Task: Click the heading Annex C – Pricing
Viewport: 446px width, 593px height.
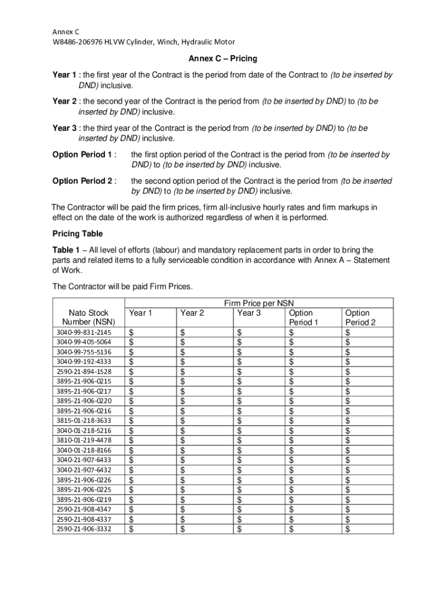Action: tap(222, 59)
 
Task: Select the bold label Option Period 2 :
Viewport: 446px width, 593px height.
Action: tap(85, 181)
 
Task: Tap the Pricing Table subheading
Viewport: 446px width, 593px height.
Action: tap(78, 233)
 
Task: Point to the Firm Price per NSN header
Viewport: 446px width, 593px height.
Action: tap(259, 303)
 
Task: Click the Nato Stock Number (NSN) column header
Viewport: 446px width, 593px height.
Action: tap(88, 317)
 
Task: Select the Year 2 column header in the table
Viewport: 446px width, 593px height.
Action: tap(192, 313)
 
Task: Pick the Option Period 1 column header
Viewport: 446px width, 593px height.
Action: tap(304, 317)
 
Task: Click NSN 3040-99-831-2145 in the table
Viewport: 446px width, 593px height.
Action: tap(84, 332)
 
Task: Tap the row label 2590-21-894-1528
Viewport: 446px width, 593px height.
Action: tap(84, 371)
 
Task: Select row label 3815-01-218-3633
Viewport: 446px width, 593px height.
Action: tap(84, 420)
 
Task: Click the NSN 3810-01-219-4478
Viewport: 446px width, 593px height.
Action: tap(84, 440)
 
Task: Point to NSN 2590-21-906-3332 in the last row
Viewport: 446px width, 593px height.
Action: tap(84, 529)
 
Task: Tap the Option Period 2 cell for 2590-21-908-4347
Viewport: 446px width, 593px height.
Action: tap(367, 509)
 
